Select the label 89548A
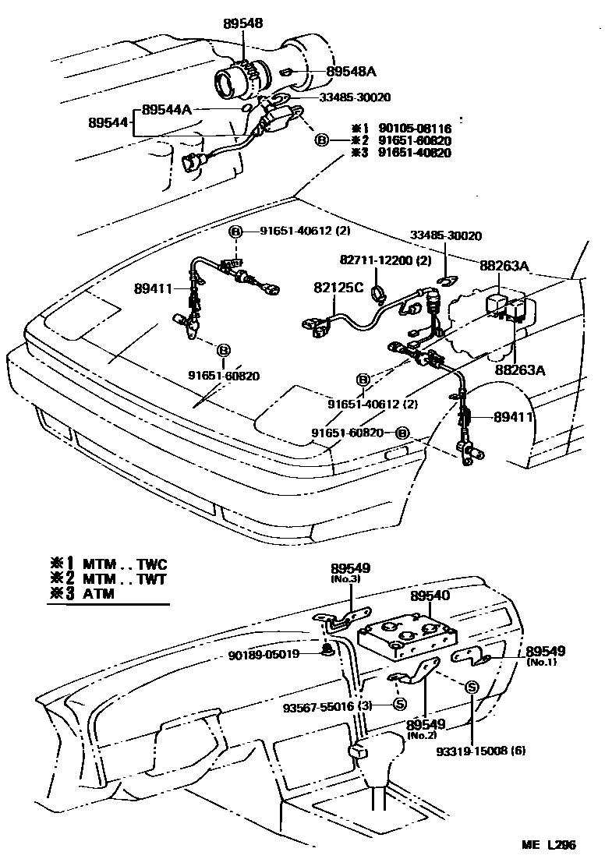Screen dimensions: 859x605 (351, 72)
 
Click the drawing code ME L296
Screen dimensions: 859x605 (550, 845)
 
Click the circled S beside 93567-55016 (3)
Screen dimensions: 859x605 (399, 705)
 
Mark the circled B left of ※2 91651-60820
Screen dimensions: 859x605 (321, 140)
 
